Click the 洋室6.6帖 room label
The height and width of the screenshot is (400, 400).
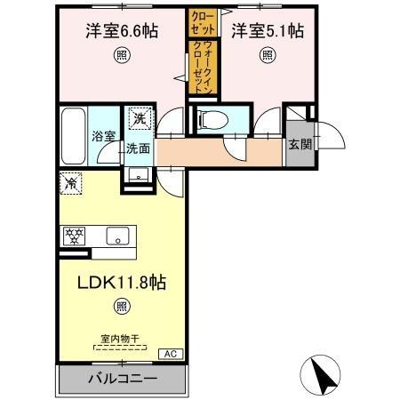click(122, 31)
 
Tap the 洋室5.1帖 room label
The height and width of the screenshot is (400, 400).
click(268, 31)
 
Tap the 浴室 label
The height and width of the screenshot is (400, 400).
click(103, 136)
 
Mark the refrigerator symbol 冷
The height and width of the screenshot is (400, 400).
click(72, 183)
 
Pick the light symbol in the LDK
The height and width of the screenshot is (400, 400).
click(120, 308)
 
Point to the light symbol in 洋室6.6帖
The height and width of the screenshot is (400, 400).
click(121, 55)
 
